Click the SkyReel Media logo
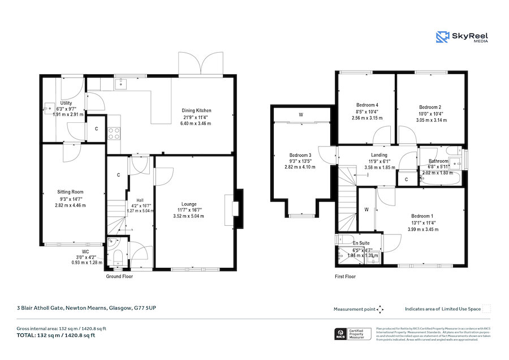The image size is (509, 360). (x=461, y=37)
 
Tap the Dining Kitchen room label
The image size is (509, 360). (x=196, y=110)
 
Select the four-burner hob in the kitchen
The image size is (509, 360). (x=113, y=133)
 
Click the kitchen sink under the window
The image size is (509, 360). (x=120, y=84)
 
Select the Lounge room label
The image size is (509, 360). (x=188, y=204)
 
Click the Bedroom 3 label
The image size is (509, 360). (x=300, y=155)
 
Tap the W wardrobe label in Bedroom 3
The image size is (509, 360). (x=301, y=115)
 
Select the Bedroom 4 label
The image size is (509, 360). (x=367, y=105)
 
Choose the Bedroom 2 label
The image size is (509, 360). (x=430, y=107)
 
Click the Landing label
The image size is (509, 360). (x=379, y=155)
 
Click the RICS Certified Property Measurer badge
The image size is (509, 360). (x=353, y=334)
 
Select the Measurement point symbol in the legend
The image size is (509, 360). (x=380, y=309)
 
